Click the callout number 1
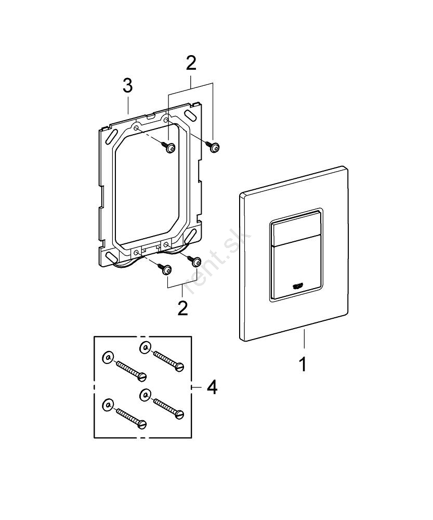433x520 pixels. pos(303,363)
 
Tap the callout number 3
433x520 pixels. pos(128,86)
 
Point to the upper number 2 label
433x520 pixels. pos(191,64)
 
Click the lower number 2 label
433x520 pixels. pos(182,307)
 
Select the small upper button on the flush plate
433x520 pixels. pos(296,227)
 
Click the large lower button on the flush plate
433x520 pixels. pos(295,270)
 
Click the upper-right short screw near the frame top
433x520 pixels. pos(214,147)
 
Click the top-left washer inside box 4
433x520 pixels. pos(107,358)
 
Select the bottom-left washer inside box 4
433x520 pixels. pos(108,405)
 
